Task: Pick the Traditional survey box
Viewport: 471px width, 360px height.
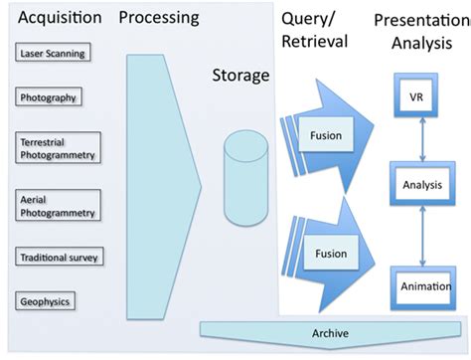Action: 57,258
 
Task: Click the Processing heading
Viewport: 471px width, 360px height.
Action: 158,18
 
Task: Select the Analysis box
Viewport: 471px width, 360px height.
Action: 417,184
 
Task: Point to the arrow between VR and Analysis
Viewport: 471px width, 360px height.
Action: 417,141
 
